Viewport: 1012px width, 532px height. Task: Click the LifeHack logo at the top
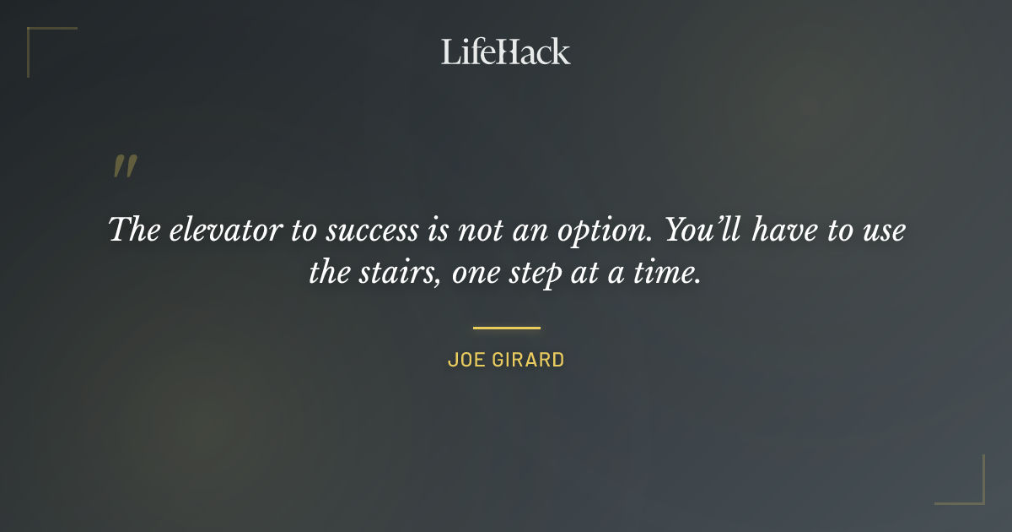(x=506, y=52)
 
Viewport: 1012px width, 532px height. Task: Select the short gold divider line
(x=506, y=328)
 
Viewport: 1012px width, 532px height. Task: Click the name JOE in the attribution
(x=463, y=360)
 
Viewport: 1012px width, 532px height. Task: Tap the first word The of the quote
(x=134, y=231)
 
